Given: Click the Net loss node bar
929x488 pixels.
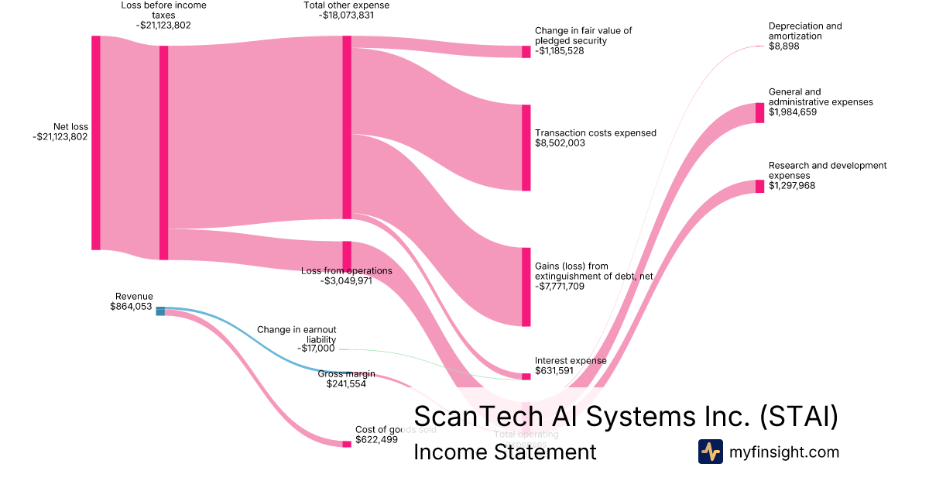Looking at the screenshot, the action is point(96,143).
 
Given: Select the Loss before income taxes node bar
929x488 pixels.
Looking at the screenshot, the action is point(163,153).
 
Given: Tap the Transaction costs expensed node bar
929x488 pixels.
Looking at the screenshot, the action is point(526,147).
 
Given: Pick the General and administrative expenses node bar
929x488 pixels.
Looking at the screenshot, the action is point(760,112).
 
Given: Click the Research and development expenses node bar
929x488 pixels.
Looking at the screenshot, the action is point(760,186).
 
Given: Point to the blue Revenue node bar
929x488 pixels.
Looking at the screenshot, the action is point(160,311).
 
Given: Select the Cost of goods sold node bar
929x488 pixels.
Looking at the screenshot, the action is point(347,444).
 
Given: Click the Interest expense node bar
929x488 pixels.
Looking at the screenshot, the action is point(526,376).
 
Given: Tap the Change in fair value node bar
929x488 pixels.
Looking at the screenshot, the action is point(526,52).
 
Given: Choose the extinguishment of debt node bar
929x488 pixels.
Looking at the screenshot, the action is point(526,287).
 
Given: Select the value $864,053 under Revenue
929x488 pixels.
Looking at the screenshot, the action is point(132,307).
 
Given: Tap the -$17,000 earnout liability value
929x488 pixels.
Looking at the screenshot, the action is point(316,349).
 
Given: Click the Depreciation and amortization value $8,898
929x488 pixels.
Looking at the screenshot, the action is point(783,46).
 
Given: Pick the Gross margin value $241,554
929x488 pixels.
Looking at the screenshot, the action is point(346,383).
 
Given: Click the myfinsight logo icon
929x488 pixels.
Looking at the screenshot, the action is point(711,452).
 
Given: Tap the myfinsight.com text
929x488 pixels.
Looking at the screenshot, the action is point(784,452).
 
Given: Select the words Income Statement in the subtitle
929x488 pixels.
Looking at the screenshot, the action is point(505,452).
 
